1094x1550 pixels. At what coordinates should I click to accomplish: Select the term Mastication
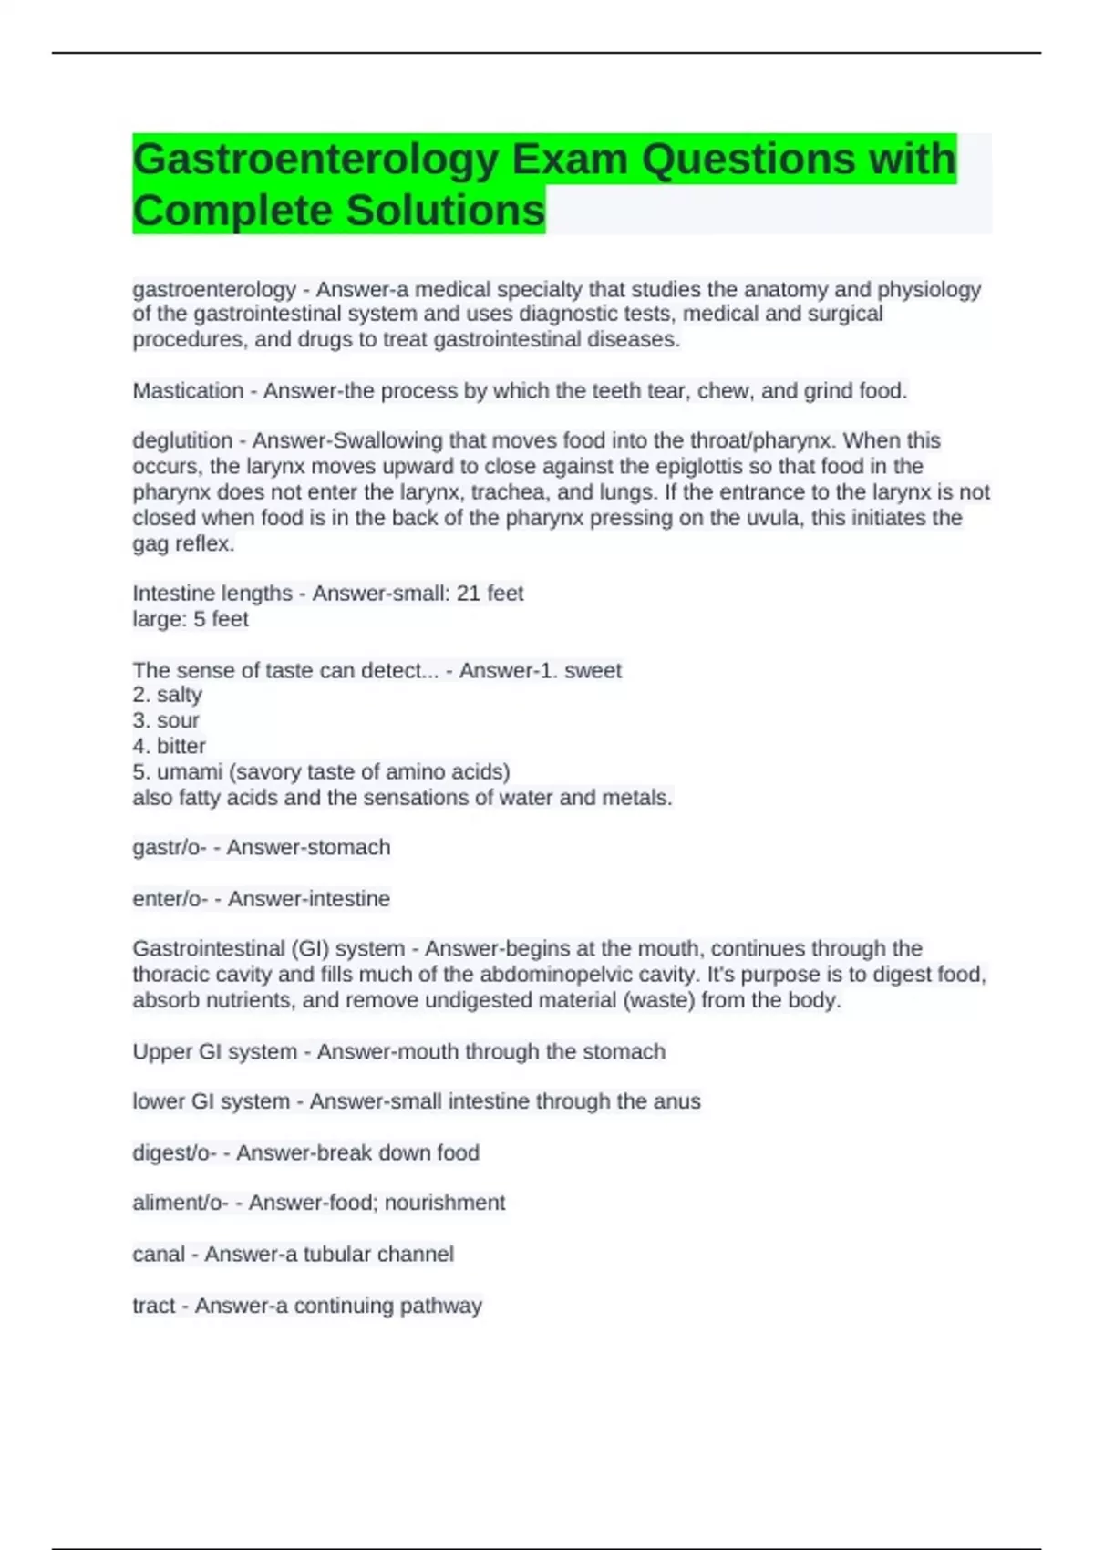188,391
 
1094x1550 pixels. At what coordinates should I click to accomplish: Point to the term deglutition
182,441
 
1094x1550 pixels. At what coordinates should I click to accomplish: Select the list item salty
179,695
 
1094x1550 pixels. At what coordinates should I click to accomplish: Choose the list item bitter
181,746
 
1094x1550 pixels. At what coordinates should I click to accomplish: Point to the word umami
190,771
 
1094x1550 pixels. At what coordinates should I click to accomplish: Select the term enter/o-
170,899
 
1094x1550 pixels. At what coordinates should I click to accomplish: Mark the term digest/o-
174,1153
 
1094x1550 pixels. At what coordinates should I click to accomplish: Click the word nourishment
445,1204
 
